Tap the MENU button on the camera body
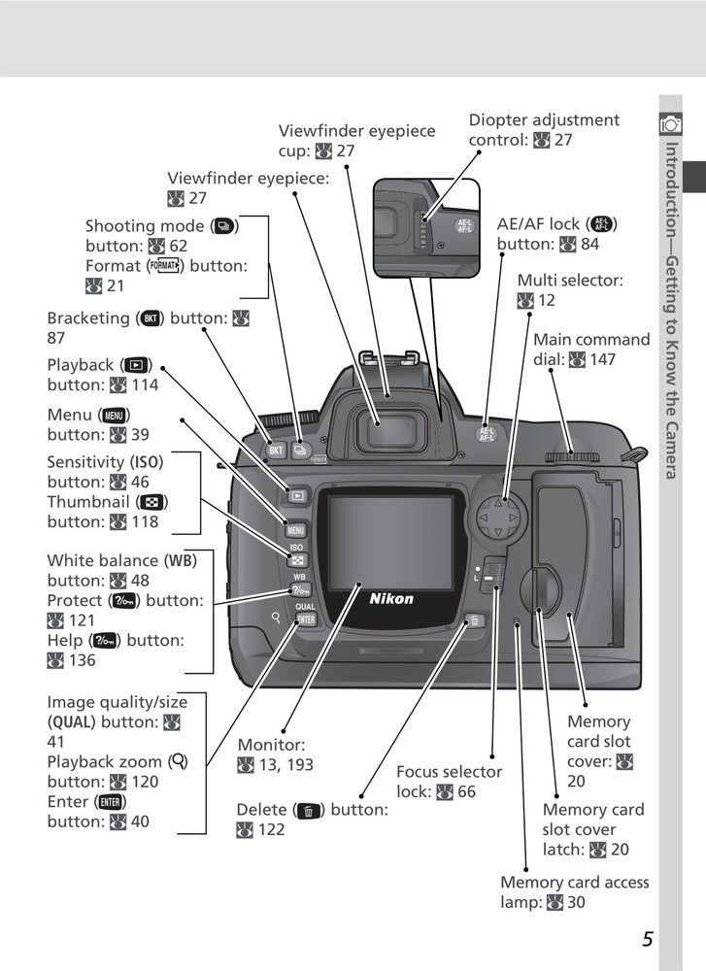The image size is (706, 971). pos(295,530)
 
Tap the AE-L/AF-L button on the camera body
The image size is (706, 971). pos(487,435)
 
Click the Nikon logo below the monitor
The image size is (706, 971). pos(391,598)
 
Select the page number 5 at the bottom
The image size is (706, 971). pos(647,939)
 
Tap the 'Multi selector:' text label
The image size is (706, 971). pos(569,281)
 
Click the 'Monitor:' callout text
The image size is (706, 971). pos(271,745)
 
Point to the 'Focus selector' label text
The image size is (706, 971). pos(449,772)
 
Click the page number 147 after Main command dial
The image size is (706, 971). pos(601,360)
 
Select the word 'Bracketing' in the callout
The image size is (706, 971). pos(88,318)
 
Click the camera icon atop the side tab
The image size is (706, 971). pos(670,123)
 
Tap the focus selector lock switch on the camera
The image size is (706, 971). pos(494,573)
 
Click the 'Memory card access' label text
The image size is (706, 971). pos(574,883)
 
